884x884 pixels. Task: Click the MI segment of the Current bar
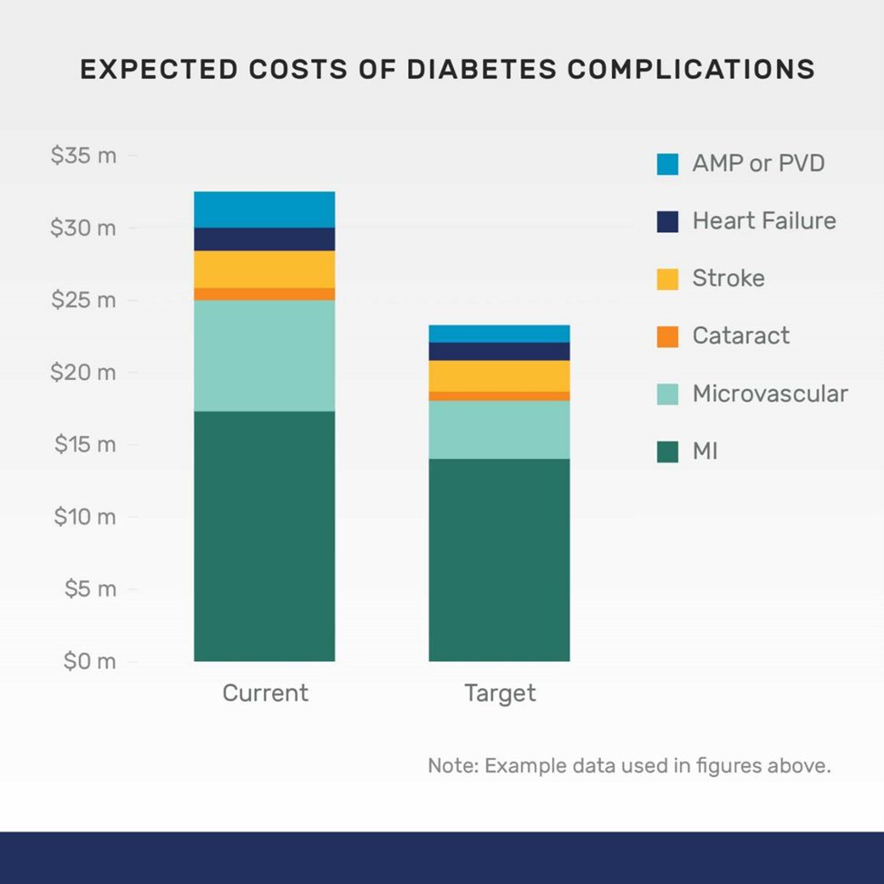point(264,536)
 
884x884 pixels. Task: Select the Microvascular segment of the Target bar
point(499,430)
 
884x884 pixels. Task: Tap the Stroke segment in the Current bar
point(264,269)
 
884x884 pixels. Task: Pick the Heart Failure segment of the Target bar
point(499,352)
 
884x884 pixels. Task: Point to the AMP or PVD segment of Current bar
point(264,209)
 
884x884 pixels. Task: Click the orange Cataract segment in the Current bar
point(264,294)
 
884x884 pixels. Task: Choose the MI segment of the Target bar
point(499,559)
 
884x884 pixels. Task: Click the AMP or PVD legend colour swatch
point(667,164)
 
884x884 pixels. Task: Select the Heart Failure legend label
point(763,221)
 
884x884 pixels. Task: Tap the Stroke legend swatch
point(667,279)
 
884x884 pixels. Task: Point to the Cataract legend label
point(741,335)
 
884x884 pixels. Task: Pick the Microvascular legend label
point(770,393)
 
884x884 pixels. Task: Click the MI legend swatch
point(667,451)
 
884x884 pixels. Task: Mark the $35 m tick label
point(83,156)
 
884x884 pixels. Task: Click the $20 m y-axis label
point(83,373)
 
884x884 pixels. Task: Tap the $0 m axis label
point(89,662)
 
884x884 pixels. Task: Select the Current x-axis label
point(265,694)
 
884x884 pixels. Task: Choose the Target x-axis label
point(500,694)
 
